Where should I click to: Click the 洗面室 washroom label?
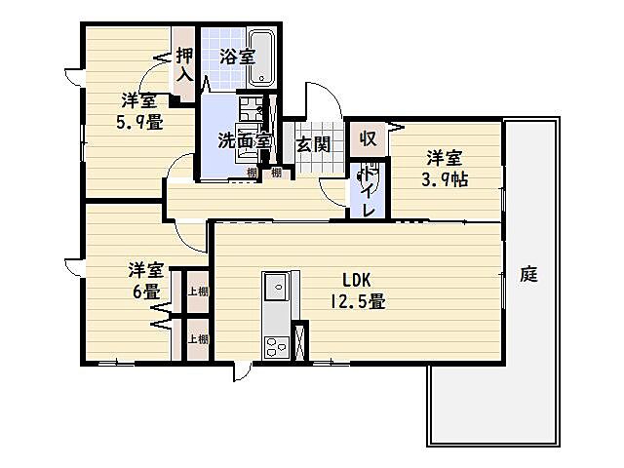(243, 142)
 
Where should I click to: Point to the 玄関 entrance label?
(312, 144)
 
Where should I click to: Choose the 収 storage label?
(367, 137)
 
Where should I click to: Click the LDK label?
(355, 277)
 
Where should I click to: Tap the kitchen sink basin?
(274, 287)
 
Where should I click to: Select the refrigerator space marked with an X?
(300, 340)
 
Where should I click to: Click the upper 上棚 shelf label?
(197, 292)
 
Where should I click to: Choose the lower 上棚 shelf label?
(197, 339)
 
